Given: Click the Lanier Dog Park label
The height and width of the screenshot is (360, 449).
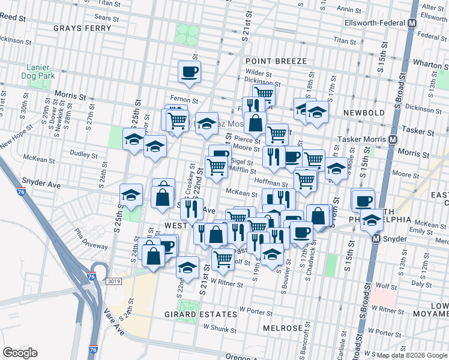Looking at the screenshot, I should tap(40, 71).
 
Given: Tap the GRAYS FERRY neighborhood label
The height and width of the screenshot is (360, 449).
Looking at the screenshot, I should tap(82, 28).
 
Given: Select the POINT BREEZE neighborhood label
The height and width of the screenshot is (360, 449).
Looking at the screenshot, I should tap(276, 61).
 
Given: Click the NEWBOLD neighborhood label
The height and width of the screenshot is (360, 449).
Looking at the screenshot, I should tap(364, 112).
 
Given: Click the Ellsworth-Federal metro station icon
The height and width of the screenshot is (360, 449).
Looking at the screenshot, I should tap(412, 23).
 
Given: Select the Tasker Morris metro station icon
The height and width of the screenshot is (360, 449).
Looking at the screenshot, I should tap(393, 139).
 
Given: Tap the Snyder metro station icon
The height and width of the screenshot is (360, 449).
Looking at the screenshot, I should tap(377, 238).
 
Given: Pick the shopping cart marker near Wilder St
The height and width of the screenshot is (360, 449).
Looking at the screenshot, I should tap(264, 94).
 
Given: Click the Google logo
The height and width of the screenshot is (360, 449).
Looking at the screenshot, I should tap(20, 353).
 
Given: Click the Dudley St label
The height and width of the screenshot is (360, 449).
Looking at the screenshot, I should tap(80, 153).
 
